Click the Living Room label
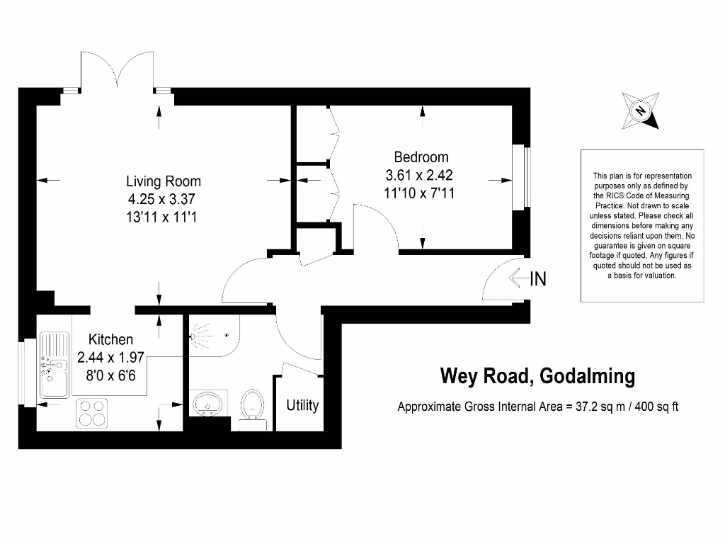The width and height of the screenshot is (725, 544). pyautogui.click(x=164, y=181)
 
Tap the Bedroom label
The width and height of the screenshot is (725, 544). pyautogui.click(x=421, y=157)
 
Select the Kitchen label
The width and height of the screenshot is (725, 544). pyautogui.click(x=110, y=339)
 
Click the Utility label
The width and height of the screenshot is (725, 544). pyautogui.click(x=302, y=406)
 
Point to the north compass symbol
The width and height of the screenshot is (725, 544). pyautogui.click(x=641, y=111)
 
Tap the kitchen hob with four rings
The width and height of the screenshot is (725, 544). pyautogui.click(x=93, y=412)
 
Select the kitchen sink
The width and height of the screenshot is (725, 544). pyautogui.click(x=54, y=365)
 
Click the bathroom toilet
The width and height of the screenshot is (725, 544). pyautogui.click(x=253, y=407)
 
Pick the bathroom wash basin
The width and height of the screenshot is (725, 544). pyautogui.click(x=207, y=404)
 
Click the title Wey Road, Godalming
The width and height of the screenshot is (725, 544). pyautogui.click(x=537, y=375)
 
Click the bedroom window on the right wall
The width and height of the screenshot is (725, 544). pyautogui.click(x=526, y=178)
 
